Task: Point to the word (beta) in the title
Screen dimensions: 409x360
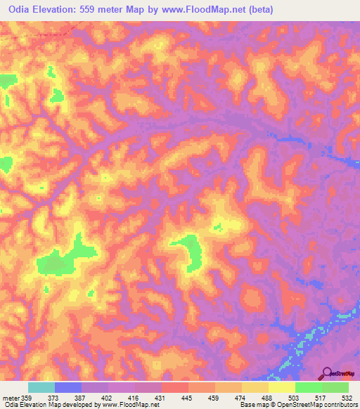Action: tap(258, 10)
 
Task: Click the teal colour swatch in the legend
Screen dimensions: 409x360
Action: tap(41, 387)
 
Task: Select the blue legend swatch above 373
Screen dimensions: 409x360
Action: tap(68, 387)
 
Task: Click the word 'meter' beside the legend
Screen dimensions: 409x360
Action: tap(11, 398)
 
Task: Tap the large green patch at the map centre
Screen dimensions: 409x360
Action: tap(190, 251)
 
